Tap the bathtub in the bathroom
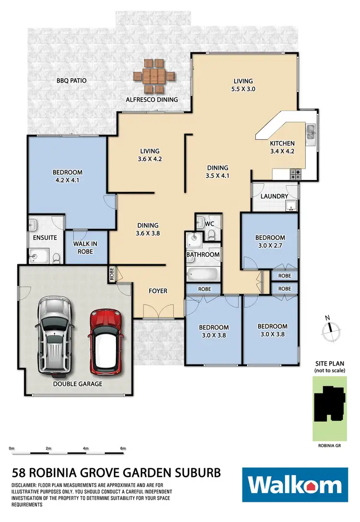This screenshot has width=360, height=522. [203, 275]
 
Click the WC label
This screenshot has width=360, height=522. [209, 224]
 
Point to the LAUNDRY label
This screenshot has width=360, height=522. [275, 196]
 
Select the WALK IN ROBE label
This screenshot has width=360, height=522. [85, 247]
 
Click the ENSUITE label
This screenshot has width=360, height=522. [45, 237]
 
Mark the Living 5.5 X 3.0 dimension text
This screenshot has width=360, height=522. [243, 89]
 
